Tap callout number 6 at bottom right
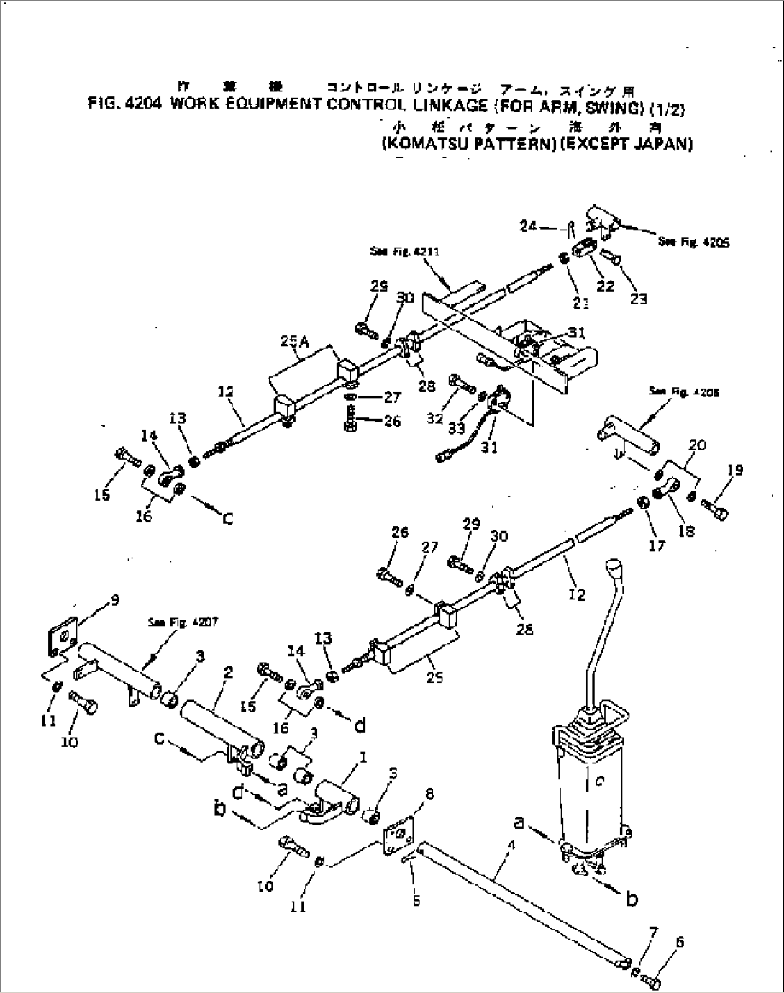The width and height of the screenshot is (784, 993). click(660, 941)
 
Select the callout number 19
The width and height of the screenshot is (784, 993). click(734, 471)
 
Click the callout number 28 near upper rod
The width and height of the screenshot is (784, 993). click(426, 386)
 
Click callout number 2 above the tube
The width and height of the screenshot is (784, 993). click(228, 672)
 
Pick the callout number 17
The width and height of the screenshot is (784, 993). click(658, 545)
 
